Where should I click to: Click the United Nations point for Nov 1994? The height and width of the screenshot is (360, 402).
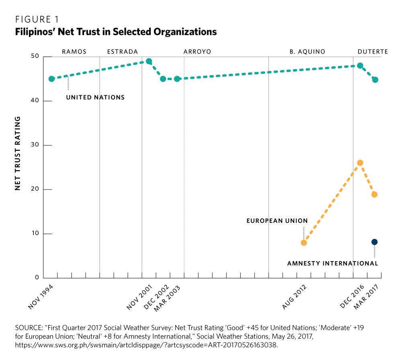pyautogui.click(x=51, y=79)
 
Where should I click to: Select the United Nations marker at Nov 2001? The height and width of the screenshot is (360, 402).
pyautogui.click(x=149, y=62)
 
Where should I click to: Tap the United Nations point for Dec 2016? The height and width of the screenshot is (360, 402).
pyautogui.click(x=360, y=66)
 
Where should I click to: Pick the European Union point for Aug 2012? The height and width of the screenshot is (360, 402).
pyautogui.click(x=304, y=243)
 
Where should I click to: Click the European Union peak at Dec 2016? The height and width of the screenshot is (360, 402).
pyautogui.click(x=360, y=163)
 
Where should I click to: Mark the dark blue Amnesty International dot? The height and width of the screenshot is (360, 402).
pyautogui.click(x=375, y=242)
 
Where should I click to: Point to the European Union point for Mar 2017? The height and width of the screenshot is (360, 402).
pyautogui.click(x=375, y=194)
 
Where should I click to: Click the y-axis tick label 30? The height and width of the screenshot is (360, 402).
pyautogui.click(x=35, y=145)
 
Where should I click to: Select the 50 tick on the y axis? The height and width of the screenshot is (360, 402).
pyautogui.click(x=35, y=57)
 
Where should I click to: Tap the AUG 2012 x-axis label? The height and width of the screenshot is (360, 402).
pyautogui.click(x=295, y=297)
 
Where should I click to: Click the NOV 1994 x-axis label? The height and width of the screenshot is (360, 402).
pyautogui.click(x=41, y=297)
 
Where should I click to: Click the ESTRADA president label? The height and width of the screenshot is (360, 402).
pyautogui.click(x=123, y=52)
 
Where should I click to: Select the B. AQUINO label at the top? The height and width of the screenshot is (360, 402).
pyautogui.click(x=307, y=52)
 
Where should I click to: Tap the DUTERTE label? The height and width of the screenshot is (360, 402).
pyautogui.click(x=373, y=52)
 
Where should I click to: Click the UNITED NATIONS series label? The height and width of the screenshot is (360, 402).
pyautogui.click(x=95, y=97)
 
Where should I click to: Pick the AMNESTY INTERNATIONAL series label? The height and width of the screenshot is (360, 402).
pyautogui.click(x=332, y=264)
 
